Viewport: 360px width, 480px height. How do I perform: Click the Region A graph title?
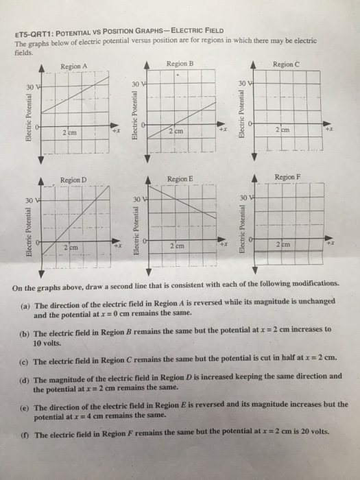tap(73, 66)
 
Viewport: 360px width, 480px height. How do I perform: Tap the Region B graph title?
tap(181, 63)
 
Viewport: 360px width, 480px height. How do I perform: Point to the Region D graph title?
tap(73, 180)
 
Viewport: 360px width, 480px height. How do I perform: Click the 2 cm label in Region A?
tap(71, 132)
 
